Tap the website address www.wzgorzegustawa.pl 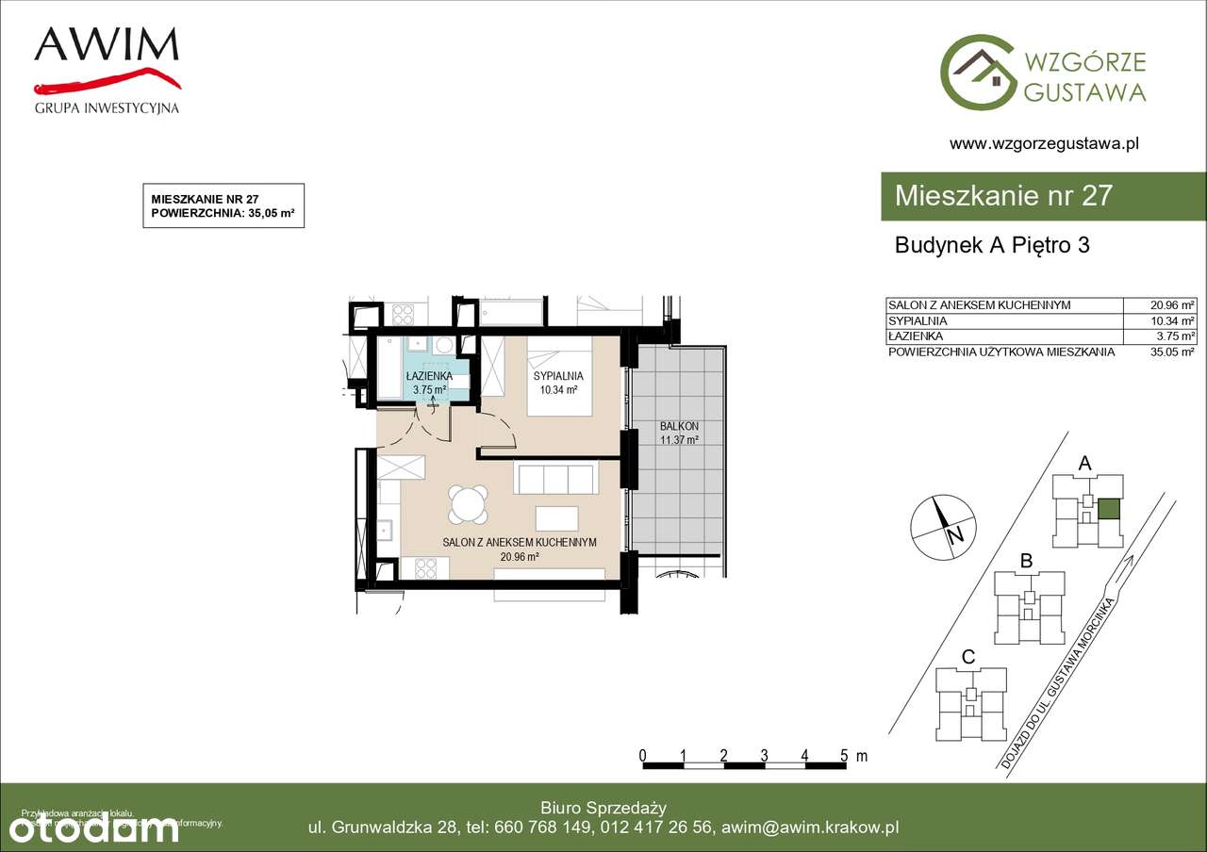click(1044, 144)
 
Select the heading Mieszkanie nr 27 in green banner click(1003, 196)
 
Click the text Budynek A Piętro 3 click(992, 245)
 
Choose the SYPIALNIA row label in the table click(918, 320)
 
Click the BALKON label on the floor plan click(678, 427)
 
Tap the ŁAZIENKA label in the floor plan click(429, 375)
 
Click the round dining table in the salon click(469, 504)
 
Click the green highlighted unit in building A click(1110, 510)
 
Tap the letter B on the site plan click(1027, 562)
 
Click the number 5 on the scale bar click(845, 756)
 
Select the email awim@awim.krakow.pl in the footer click(809, 827)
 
